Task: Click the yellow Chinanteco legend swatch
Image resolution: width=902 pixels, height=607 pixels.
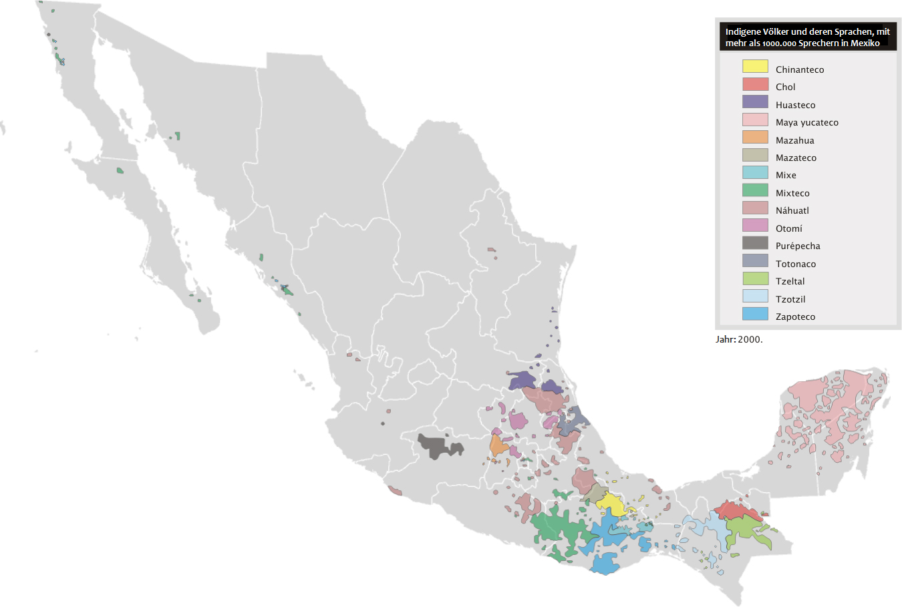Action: (755, 67)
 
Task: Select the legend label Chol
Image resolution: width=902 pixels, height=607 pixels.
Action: (785, 87)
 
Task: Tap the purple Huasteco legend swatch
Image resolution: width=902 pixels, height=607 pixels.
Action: (755, 102)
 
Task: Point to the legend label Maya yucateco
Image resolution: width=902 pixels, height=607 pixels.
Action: (806, 122)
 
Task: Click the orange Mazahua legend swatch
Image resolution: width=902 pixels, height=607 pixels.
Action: (755, 138)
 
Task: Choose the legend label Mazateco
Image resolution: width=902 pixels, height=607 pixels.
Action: (796, 158)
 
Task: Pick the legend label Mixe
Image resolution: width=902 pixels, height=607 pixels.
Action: (786, 175)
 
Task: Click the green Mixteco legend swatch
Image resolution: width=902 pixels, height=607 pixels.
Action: (755, 190)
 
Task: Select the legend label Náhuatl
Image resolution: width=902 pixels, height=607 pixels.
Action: (792, 210)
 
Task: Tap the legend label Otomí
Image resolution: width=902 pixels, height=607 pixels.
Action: (788, 228)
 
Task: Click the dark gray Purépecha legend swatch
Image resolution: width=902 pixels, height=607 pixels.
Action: (755, 243)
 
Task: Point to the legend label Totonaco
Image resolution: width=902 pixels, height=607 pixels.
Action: (795, 264)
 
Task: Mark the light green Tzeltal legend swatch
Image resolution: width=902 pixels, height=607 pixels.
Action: (755, 278)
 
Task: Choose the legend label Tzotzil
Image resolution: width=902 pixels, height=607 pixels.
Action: (790, 299)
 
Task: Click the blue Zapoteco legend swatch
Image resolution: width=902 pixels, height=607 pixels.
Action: (755, 314)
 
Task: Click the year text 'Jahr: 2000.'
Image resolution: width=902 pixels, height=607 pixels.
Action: (739, 339)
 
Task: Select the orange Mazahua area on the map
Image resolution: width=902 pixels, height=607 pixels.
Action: (498, 445)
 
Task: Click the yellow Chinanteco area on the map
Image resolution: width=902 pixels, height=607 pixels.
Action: (611, 503)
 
